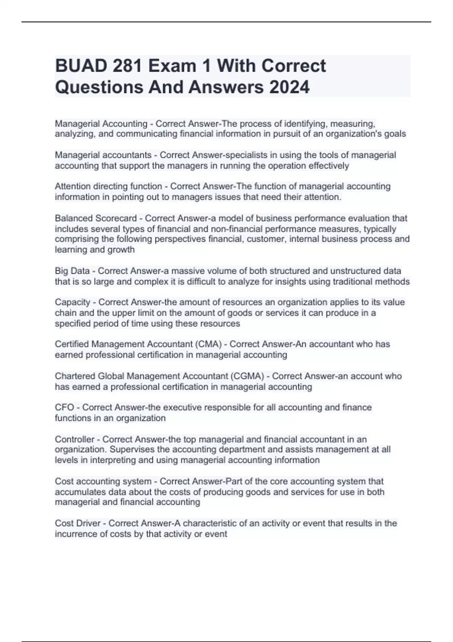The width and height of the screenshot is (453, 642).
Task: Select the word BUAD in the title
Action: tap(79, 66)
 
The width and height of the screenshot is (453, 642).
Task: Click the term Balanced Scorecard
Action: tap(96, 218)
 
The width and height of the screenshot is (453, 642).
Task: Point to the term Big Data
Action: tap(72, 271)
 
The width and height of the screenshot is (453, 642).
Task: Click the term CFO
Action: tap(64, 407)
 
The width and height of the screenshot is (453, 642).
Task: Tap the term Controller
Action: tap(74, 439)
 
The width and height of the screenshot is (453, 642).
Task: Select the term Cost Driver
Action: tap(77, 523)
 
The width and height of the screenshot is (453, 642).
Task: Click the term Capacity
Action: tap(72, 302)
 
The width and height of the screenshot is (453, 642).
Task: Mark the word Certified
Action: tap(72, 344)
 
